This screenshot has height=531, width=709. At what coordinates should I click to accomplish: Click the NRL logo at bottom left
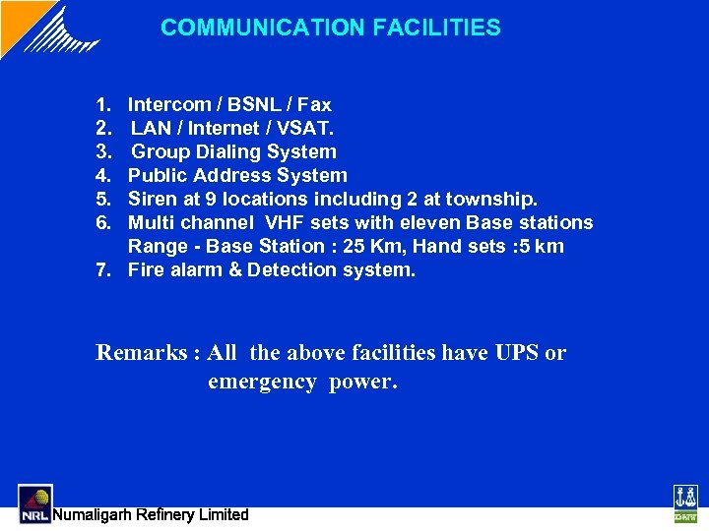coord(34,502)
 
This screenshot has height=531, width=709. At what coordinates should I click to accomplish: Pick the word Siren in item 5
coord(153,199)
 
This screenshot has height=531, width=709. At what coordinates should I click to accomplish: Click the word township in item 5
coord(490,199)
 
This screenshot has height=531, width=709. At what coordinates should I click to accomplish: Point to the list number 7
coord(102,269)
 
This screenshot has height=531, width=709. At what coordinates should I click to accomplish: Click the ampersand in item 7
coord(234,269)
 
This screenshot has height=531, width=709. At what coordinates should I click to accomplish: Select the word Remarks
coord(135,352)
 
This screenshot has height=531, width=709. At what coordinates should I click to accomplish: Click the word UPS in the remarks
coord(517,352)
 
